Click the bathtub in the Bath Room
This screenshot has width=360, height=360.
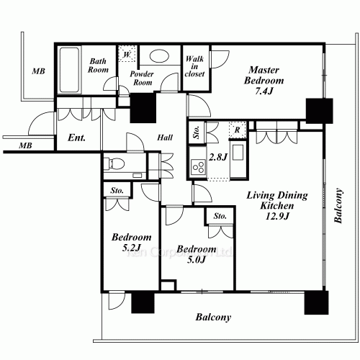coord(69,70)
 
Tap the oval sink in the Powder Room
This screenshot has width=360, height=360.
coord(159,56)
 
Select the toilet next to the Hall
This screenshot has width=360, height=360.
coord(117,163)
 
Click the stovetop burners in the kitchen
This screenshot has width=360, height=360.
coord(198,167)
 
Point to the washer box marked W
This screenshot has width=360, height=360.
coord(127,54)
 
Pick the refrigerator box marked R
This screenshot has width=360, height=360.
coord(237,130)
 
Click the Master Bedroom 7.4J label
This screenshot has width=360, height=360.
coord(264,81)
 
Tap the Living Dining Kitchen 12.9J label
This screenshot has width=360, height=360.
coord(277,206)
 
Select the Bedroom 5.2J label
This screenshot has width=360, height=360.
coord(132,243)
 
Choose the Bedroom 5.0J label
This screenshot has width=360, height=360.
coord(197,254)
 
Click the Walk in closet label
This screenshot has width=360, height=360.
coord(194,66)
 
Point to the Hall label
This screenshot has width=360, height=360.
coord(165,138)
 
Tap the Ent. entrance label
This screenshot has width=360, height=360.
coord(76,138)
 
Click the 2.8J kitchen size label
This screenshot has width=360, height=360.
coord(218,157)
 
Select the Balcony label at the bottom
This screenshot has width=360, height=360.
coord(213,318)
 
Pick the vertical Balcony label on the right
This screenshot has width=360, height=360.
coord(338,206)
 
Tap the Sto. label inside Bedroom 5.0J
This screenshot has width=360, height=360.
coord(220,216)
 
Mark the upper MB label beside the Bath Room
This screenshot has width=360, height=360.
coord(38,71)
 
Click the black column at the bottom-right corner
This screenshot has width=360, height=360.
coord(316,302)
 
